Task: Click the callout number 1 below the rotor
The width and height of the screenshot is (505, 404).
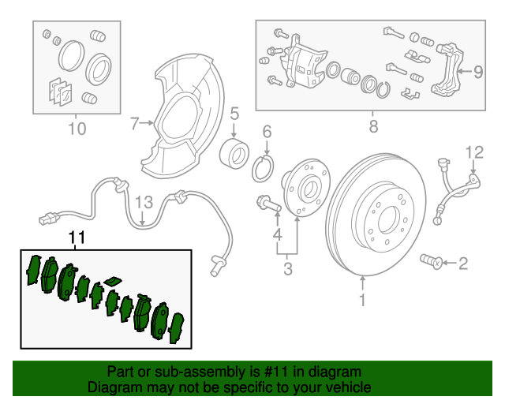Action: click(362, 300)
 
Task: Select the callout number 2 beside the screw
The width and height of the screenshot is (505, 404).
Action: click(463, 263)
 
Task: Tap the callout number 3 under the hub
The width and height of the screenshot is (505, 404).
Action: click(287, 270)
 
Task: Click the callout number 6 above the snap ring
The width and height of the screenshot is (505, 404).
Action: click(267, 132)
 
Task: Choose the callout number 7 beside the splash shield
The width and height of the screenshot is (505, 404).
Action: click(134, 123)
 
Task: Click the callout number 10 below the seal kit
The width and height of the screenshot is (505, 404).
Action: click(77, 129)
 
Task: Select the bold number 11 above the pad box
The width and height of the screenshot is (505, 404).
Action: click(76, 237)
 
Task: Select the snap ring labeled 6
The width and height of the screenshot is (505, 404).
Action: click(263, 168)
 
